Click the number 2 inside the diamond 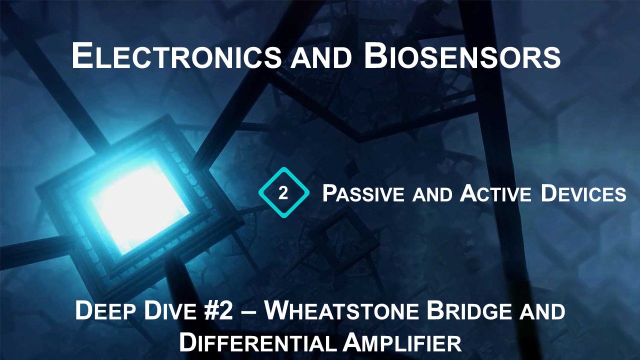click(x=283, y=193)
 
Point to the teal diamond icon click(x=283, y=193)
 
